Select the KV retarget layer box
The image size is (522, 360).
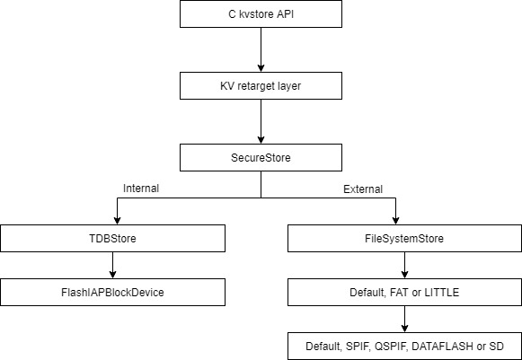(x=260, y=87)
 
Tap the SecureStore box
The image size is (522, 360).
(x=260, y=158)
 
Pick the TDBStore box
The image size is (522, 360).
(x=112, y=239)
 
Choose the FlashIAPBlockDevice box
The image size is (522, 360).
(x=112, y=291)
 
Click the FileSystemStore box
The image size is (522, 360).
(x=405, y=239)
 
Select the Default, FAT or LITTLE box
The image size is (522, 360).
(x=405, y=291)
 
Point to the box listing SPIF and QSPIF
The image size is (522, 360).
(x=405, y=345)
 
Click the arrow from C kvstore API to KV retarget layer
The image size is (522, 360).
(x=260, y=49)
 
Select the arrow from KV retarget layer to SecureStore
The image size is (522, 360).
(x=260, y=122)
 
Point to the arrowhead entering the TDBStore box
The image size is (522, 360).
(x=112, y=222)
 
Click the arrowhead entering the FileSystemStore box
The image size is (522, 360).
(x=405, y=222)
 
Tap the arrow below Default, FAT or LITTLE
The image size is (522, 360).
(x=405, y=318)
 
